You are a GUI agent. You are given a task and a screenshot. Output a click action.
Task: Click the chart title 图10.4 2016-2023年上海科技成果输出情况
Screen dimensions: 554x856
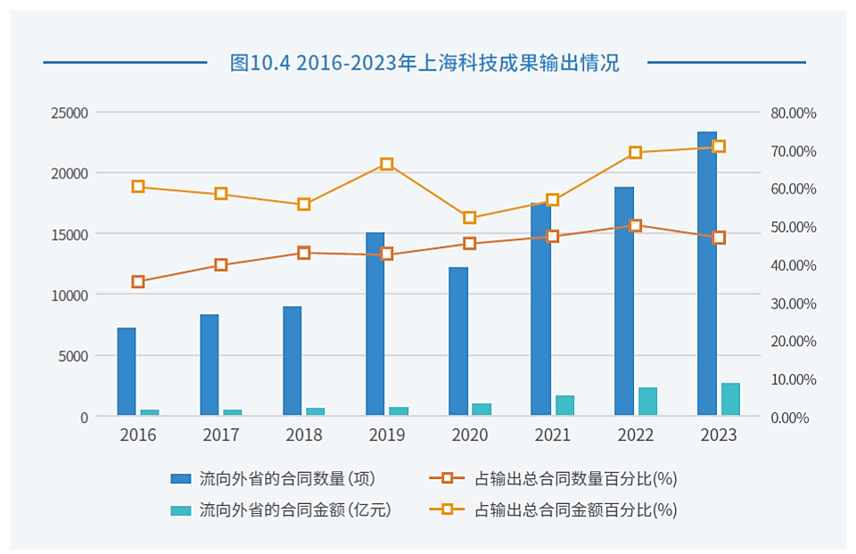click(424, 62)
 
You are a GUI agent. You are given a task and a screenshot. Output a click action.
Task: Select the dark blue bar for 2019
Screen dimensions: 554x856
click(374, 324)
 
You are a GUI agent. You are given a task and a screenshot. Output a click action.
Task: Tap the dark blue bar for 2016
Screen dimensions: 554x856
click(127, 371)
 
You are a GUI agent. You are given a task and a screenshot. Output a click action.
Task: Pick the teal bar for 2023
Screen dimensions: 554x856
click(730, 399)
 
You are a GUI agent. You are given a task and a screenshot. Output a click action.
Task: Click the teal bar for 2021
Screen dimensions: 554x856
click(564, 405)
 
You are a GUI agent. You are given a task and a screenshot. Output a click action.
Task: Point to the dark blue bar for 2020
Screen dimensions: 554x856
click(458, 341)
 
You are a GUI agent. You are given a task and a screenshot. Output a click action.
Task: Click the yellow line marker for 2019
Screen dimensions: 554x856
click(387, 164)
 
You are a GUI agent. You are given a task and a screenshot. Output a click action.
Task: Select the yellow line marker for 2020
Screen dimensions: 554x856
click(470, 218)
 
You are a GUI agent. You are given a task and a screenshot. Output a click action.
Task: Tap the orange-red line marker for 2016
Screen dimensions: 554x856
click(138, 282)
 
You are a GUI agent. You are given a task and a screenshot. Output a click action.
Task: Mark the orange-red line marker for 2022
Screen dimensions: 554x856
click(636, 226)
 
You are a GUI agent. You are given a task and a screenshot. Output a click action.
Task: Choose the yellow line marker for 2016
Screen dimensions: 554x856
click(138, 186)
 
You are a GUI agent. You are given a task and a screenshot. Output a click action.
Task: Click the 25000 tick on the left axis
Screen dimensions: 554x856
click(69, 113)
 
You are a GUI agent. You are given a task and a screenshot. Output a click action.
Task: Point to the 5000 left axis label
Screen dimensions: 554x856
click(72, 356)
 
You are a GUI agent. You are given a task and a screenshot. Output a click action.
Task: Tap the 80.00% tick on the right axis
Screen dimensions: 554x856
click(793, 113)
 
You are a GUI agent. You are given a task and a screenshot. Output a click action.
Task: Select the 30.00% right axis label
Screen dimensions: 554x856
click(793, 303)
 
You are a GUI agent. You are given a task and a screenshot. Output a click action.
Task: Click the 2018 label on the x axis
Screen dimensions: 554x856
click(304, 435)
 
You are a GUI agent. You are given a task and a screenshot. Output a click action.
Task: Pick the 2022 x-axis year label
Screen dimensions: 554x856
click(636, 435)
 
